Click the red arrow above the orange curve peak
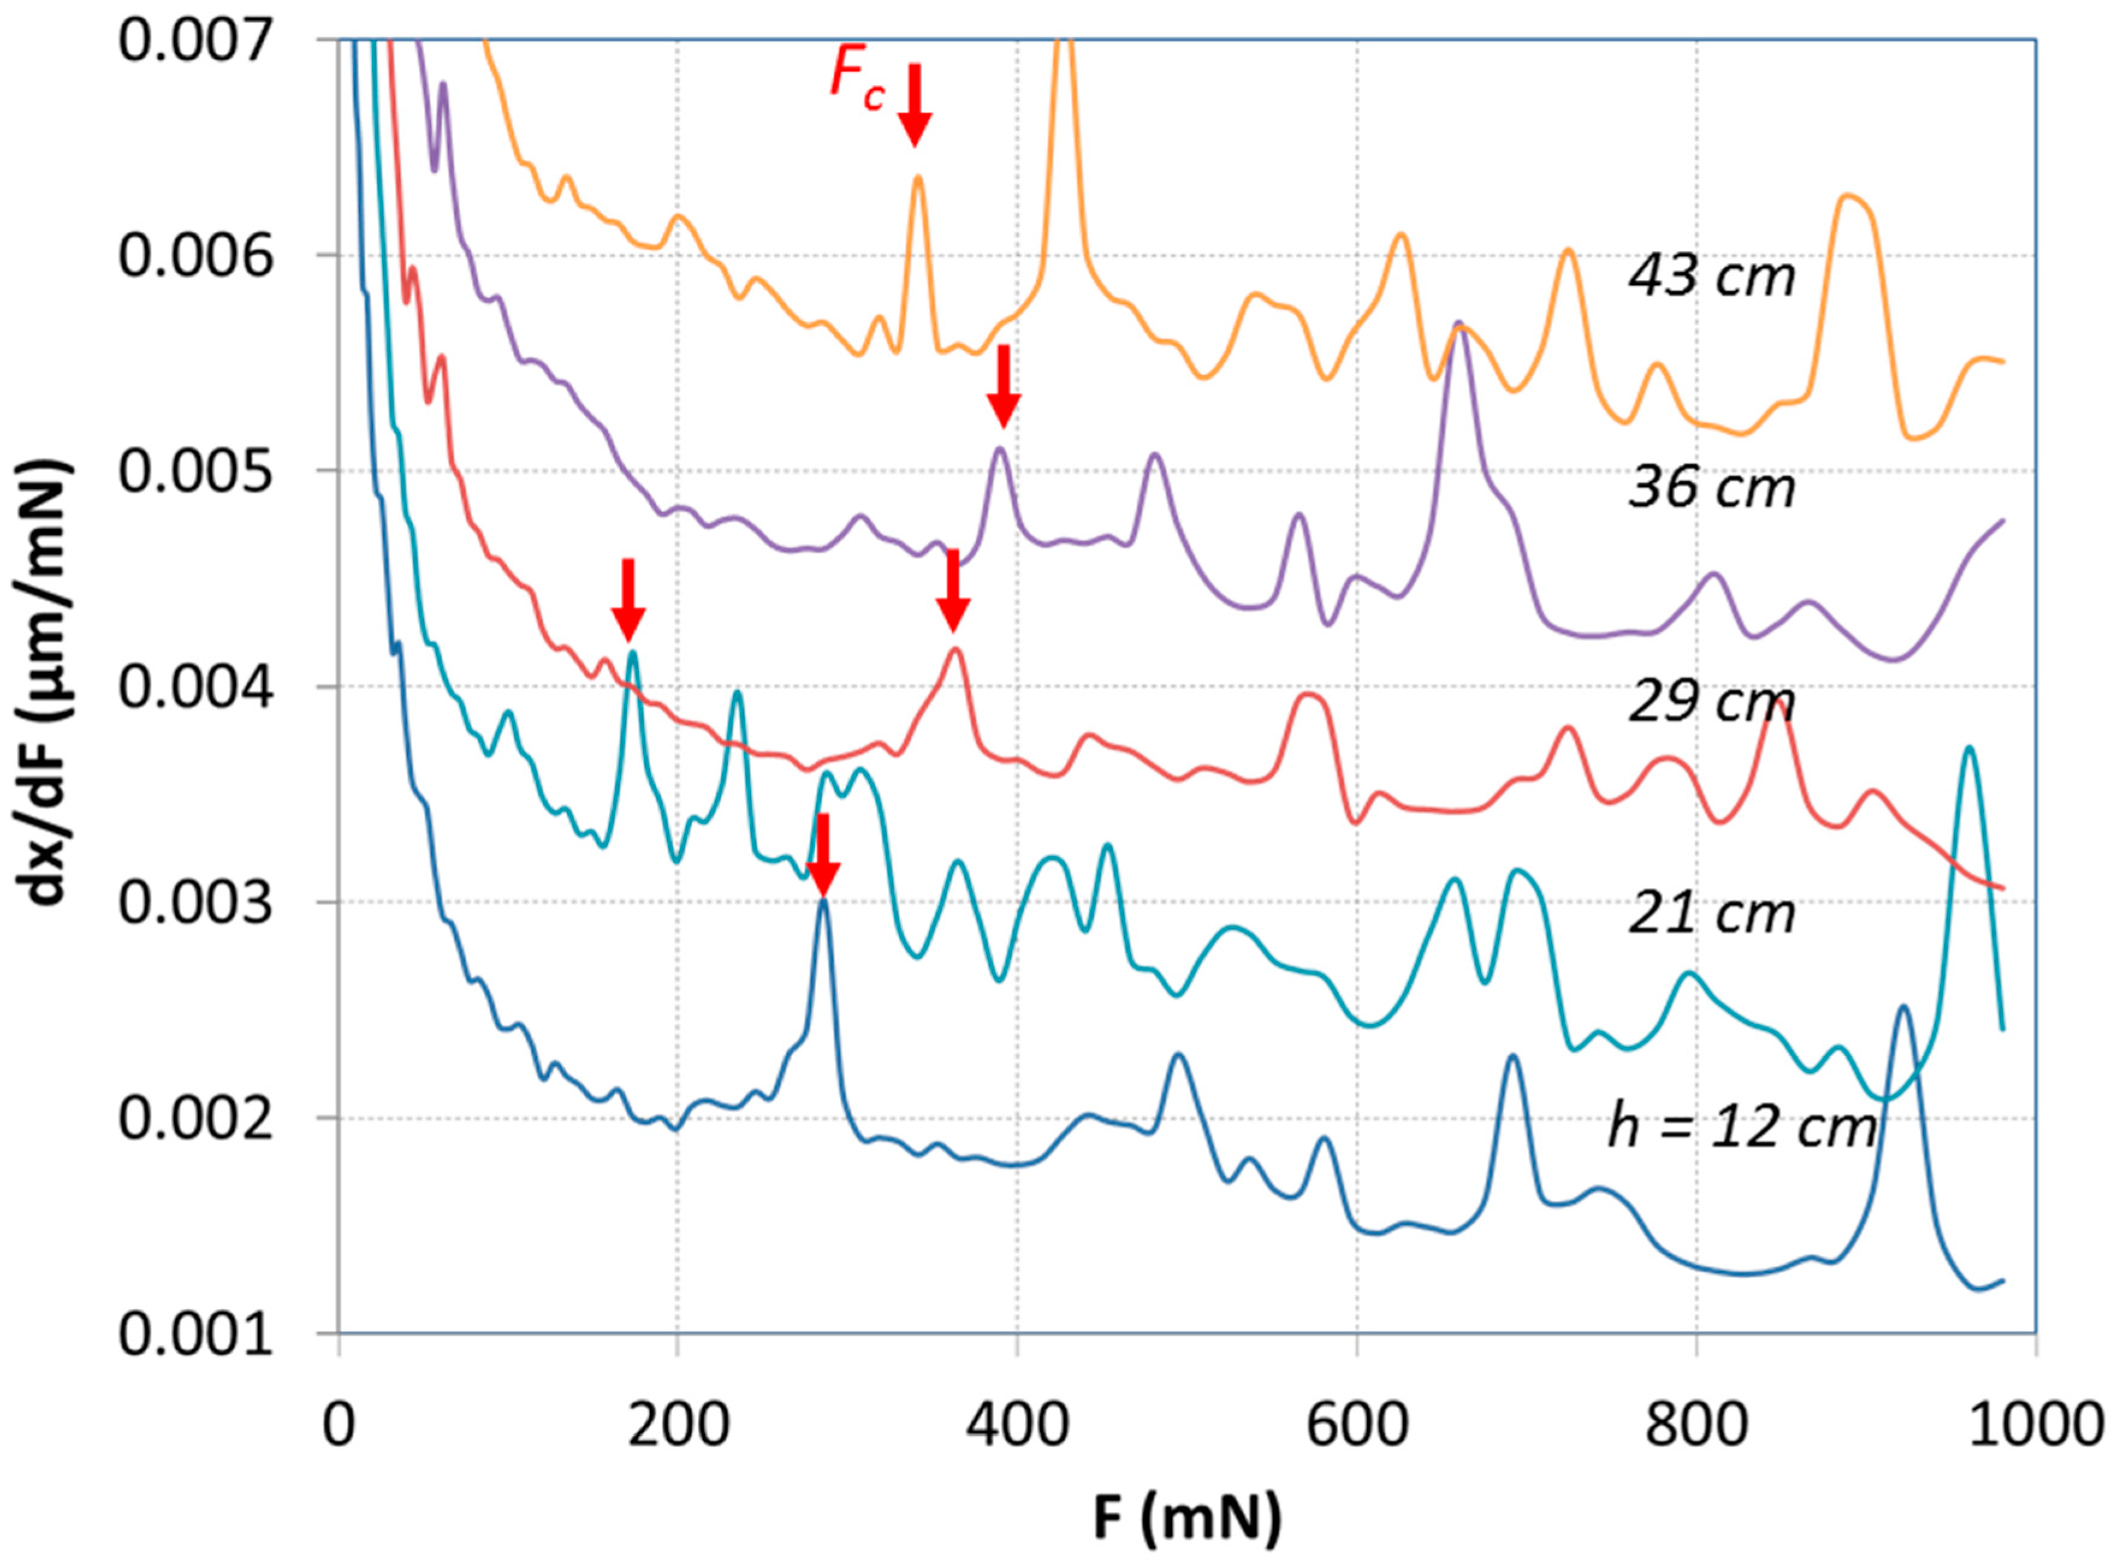pyautogui.click(x=915, y=104)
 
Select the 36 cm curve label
pyautogui.click(x=1712, y=489)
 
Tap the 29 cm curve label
pyautogui.click(x=1712, y=702)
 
